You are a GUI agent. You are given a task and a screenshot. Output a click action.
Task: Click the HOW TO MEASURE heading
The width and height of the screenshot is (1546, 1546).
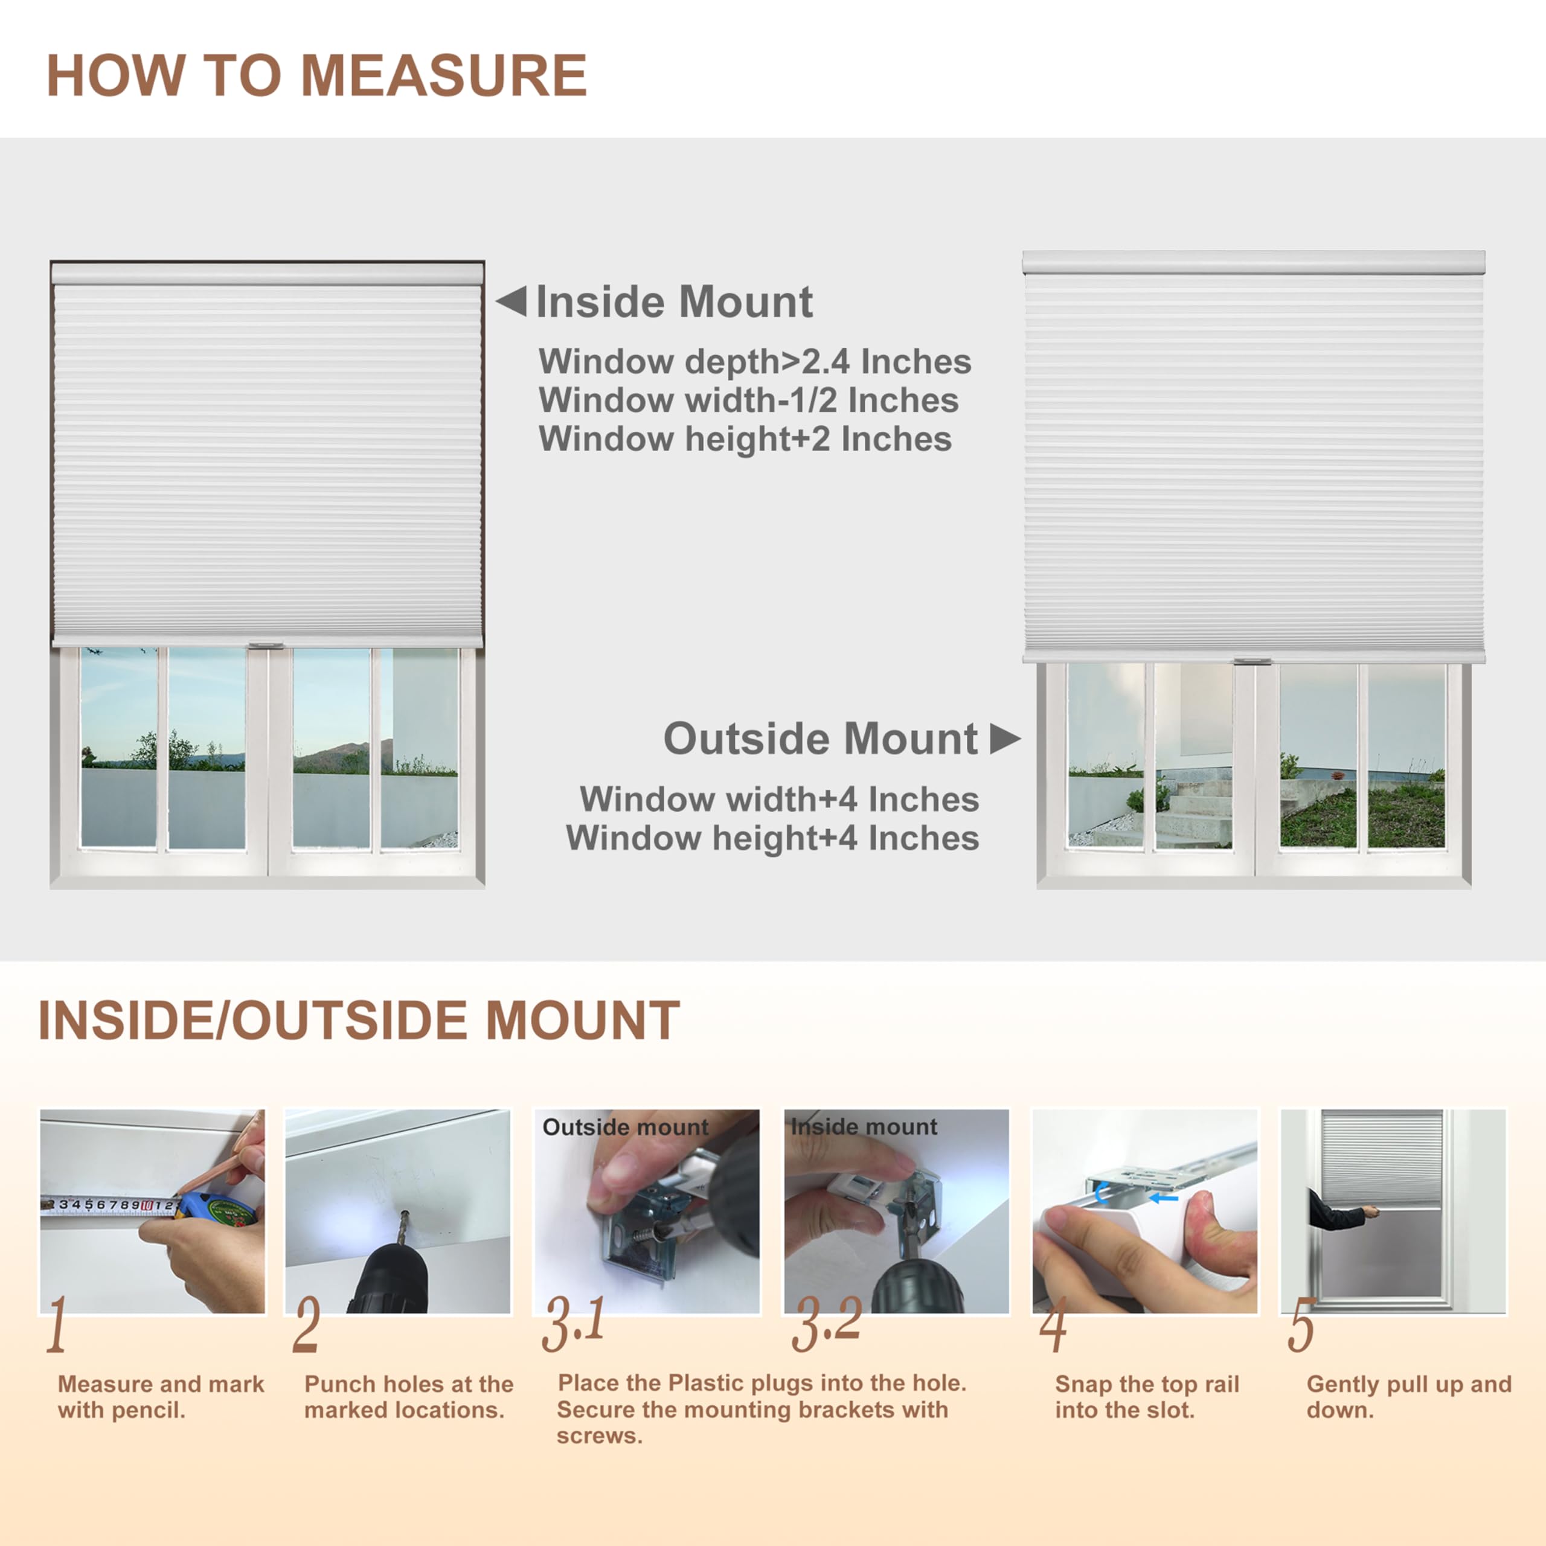point(317,76)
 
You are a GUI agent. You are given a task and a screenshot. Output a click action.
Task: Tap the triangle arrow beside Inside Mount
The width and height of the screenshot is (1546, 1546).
point(512,302)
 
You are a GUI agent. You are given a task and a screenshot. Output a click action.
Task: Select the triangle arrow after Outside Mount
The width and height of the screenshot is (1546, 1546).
point(1004,739)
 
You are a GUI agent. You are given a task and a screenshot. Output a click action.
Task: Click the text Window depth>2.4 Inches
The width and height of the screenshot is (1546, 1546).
point(755,362)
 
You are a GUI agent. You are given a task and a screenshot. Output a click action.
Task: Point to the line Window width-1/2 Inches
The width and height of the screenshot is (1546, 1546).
point(748,400)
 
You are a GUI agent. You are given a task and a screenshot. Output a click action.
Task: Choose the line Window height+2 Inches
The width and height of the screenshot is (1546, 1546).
point(745,439)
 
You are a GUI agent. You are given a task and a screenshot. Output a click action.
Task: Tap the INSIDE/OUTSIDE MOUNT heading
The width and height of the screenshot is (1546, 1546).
point(359,1022)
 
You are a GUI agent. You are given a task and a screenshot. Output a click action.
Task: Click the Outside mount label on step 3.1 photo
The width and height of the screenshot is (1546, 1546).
point(625,1127)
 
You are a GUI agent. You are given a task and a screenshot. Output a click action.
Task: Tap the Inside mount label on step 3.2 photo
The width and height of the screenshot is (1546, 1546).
point(864,1127)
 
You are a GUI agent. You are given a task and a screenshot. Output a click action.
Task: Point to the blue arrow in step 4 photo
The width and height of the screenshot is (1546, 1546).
point(1164,1198)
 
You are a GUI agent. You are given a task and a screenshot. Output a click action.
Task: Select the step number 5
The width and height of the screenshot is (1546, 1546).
point(1301,1326)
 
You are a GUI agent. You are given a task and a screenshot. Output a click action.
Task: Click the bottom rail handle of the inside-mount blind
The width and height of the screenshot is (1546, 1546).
point(266,646)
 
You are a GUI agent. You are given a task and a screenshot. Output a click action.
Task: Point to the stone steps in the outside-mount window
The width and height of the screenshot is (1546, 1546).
point(1192,808)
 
